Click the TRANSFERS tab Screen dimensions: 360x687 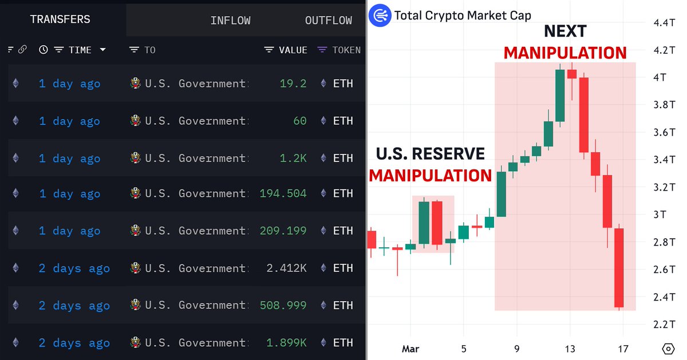click(60, 20)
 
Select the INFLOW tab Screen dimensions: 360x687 click(230, 21)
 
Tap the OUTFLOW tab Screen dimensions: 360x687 click(328, 21)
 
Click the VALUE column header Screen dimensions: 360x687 click(293, 50)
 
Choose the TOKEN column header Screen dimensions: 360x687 click(346, 50)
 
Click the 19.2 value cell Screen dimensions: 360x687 click(293, 84)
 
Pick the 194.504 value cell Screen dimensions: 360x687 click(283, 193)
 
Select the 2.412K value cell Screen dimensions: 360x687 click(286, 268)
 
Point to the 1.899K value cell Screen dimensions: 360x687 click(286, 343)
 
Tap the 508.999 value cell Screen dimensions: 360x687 click(283, 306)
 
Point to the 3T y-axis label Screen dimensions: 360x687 click(659, 215)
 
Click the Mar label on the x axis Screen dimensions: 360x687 click(410, 349)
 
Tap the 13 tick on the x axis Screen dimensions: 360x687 click(570, 349)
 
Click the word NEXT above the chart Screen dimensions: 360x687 click(565, 31)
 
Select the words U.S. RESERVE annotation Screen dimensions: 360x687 click(430, 154)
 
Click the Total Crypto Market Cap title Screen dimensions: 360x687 click(463, 15)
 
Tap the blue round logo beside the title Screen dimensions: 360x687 click(380, 15)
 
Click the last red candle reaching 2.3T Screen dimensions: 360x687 click(619, 268)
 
